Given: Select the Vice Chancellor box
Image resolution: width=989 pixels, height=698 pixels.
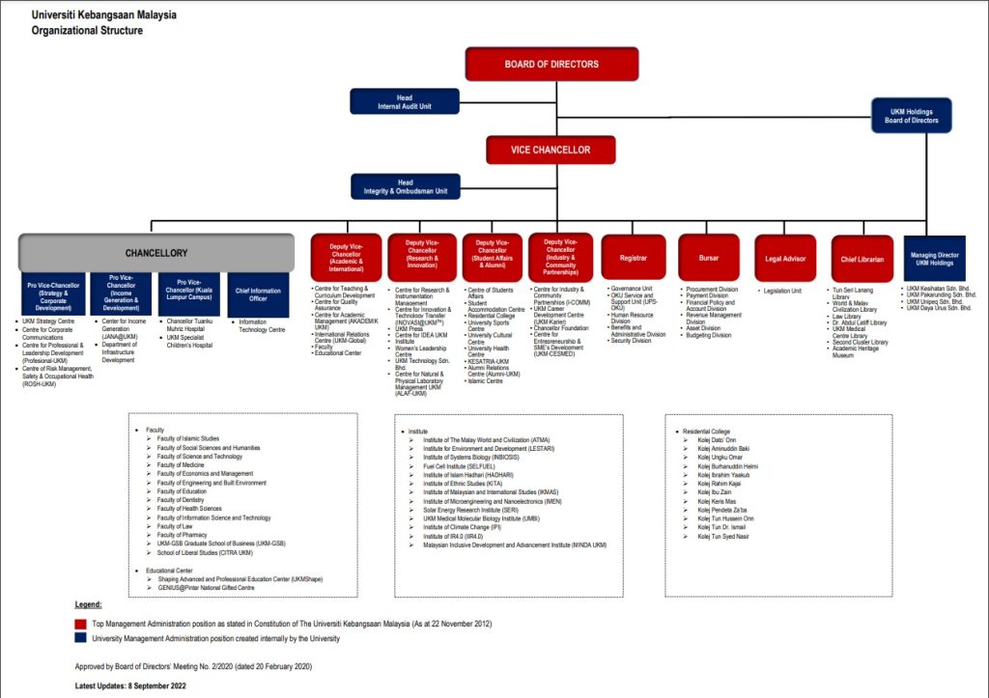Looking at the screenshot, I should click(551, 150).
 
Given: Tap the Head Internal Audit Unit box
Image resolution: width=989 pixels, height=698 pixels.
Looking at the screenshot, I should click(405, 101).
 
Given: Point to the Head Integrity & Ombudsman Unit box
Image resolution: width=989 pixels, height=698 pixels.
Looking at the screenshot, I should click(406, 186).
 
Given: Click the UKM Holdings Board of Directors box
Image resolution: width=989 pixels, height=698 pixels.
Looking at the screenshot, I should click(911, 116).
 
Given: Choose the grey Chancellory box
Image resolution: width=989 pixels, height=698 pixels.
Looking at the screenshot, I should click(156, 252).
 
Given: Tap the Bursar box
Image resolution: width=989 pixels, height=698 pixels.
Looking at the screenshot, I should click(709, 258).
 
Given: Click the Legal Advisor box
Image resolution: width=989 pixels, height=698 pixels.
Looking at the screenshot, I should click(785, 258).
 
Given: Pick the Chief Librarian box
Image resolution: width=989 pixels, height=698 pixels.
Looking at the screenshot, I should click(862, 258).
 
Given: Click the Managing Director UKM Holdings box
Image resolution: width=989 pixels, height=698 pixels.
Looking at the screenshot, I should click(934, 258).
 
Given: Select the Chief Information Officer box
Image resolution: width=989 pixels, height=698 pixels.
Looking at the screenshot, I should click(258, 293).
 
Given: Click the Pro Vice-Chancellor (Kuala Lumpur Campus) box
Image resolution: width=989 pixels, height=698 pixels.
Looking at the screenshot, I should click(188, 293).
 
